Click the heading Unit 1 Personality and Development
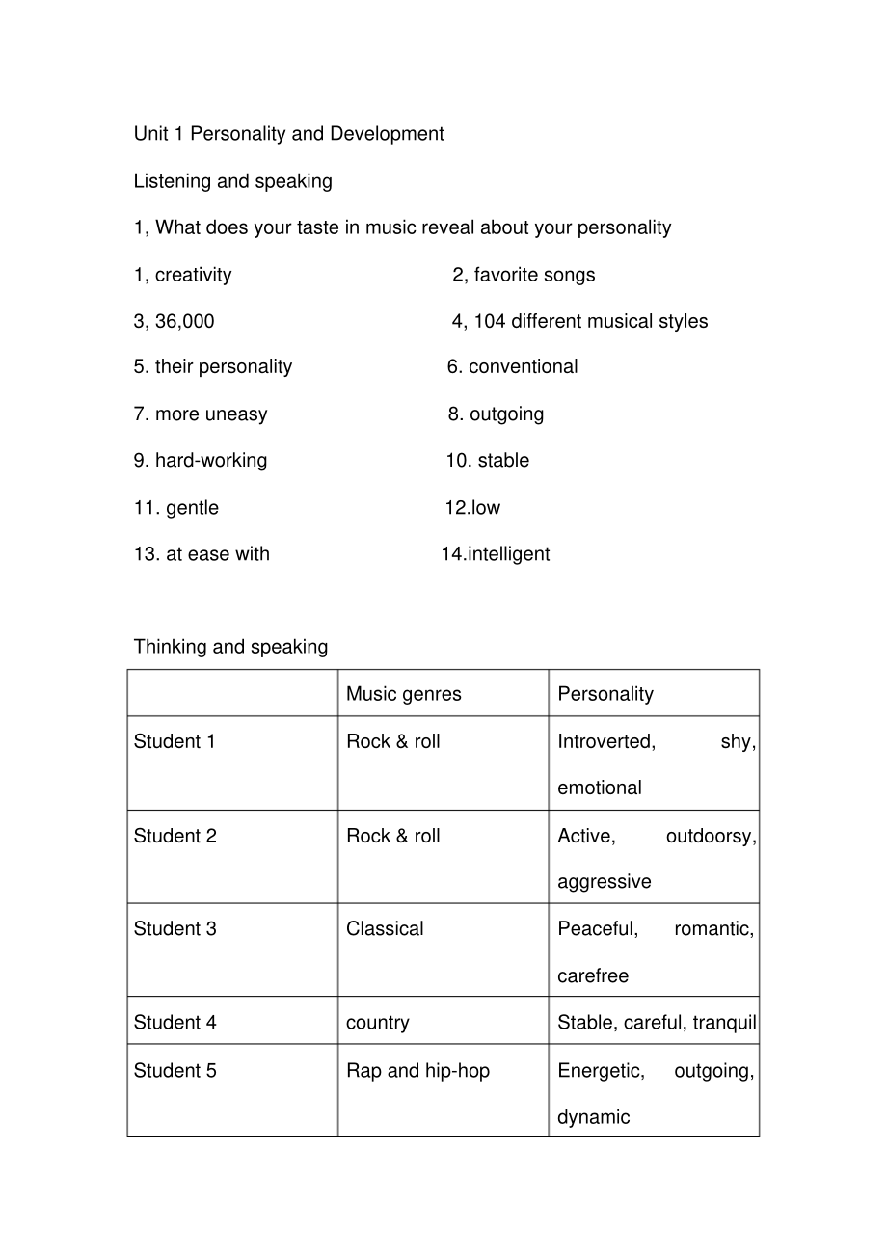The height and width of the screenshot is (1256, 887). tap(288, 134)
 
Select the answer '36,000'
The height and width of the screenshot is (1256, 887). tap(184, 321)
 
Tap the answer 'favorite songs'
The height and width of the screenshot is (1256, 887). tap(534, 275)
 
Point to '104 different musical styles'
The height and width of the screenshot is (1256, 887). tap(590, 321)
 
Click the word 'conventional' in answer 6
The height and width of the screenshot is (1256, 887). tap(523, 367)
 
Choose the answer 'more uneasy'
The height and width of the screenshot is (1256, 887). tap(210, 414)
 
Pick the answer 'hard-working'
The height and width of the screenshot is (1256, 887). tap(210, 461)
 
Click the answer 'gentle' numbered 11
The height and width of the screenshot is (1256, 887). tap(192, 508)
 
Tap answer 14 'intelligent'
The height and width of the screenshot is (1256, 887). tap(508, 554)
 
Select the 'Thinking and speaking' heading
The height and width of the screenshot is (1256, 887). tap(230, 647)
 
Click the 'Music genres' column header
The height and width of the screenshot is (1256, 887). tap(403, 694)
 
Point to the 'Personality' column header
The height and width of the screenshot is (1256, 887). tap(605, 694)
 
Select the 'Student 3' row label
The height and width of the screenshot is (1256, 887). tap(175, 929)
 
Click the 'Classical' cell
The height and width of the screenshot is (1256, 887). tap(385, 929)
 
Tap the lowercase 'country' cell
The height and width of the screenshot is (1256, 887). tap(377, 1023)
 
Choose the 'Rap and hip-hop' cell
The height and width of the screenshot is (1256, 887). tap(417, 1071)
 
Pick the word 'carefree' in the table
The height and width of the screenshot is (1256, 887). tap(592, 975)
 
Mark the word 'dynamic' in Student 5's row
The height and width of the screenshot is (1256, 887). tap(593, 1117)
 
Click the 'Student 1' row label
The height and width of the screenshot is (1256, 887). tap(175, 742)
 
